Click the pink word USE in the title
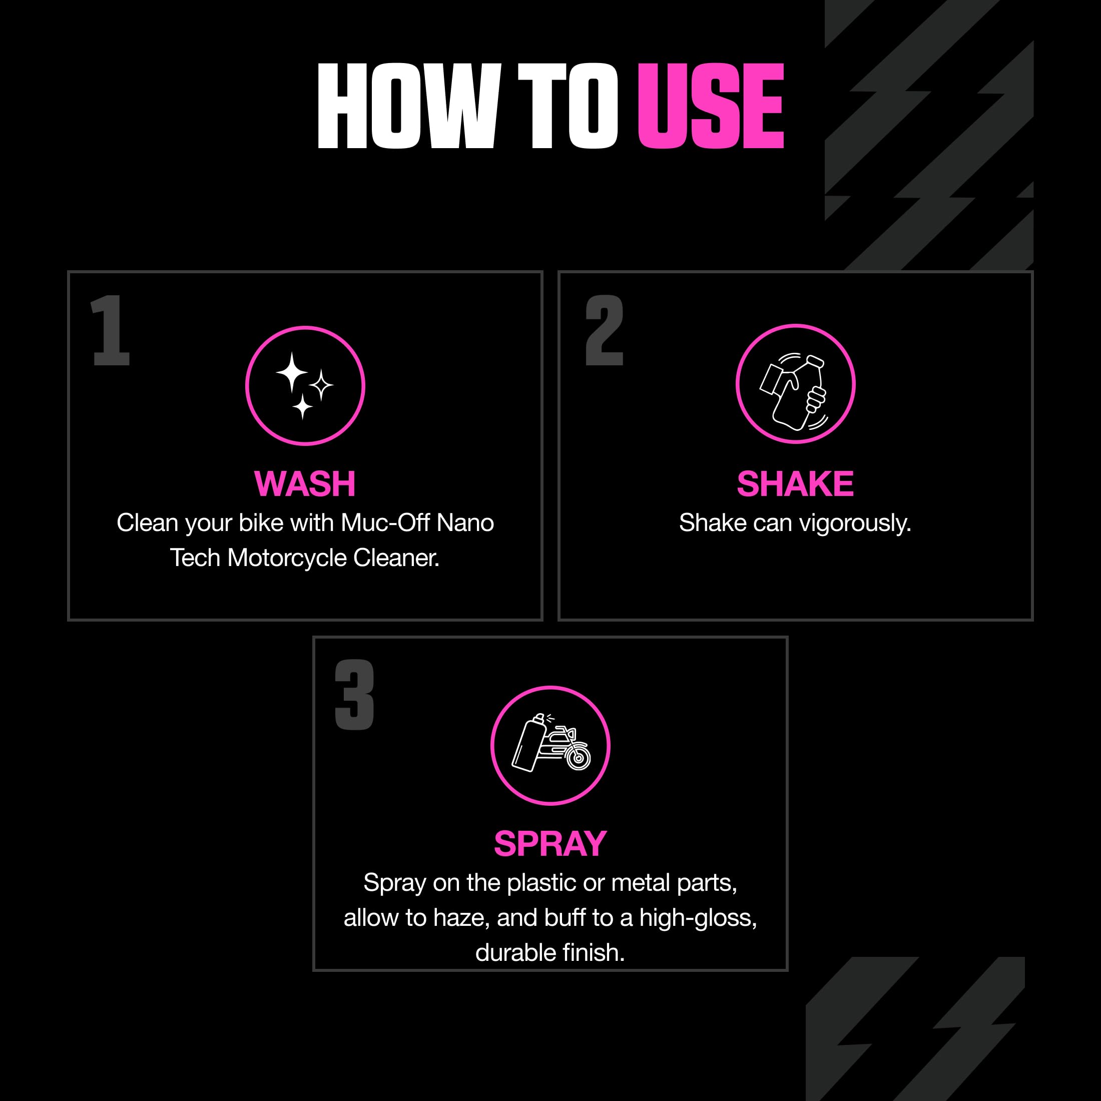coord(711,106)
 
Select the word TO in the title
coord(568,106)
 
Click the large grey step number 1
coord(111,330)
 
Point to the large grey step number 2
coord(604,330)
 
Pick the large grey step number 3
coord(354,695)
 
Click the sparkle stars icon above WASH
coord(305,386)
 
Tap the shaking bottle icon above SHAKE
coord(795,383)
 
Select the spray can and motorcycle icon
coord(550,745)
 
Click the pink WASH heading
coord(305,484)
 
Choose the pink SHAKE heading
coord(795,484)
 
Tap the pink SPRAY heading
coord(550,843)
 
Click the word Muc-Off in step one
coord(385,523)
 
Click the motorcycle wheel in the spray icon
coord(578,758)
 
